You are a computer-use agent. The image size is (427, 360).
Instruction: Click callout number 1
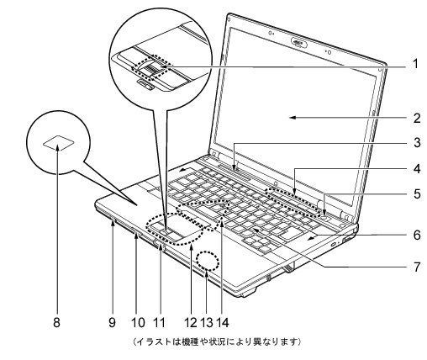tap(416, 64)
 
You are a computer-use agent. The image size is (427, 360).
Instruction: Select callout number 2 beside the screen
tap(417, 118)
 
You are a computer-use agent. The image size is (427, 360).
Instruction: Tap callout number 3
tap(417, 142)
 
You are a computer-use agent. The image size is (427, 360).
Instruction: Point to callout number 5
tap(417, 193)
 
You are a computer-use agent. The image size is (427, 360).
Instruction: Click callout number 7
tap(417, 267)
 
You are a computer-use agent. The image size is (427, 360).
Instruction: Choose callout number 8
tap(56, 322)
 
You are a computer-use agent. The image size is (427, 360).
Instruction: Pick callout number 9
tap(112, 322)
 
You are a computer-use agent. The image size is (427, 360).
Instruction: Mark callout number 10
tap(138, 322)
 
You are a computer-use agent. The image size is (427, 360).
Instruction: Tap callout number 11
tap(159, 322)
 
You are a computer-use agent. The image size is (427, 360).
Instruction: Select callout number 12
tap(191, 322)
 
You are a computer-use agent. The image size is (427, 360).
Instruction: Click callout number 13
tap(207, 322)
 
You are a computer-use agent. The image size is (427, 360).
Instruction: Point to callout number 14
tap(223, 322)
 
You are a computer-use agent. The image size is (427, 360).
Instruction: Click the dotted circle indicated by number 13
tap(208, 260)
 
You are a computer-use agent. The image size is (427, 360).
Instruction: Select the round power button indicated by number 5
tap(324, 216)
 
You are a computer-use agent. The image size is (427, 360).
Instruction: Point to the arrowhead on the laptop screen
tap(293, 118)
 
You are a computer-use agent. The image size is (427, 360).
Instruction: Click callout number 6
tap(417, 235)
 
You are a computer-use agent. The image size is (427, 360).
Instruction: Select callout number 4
tap(417, 169)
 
